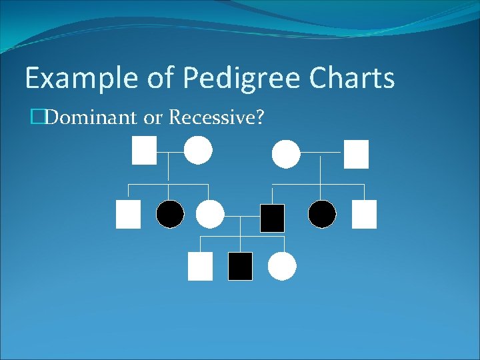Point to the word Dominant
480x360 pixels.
point(91,119)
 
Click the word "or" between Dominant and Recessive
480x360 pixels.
point(154,119)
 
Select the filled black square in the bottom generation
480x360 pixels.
point(240,266)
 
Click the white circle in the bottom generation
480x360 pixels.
point(281,266)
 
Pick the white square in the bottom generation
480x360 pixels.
point(200,266)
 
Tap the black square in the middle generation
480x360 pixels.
point(272,217)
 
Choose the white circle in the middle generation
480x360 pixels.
point(210,214)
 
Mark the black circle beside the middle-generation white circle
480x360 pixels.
point(170,214)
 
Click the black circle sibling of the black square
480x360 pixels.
point(322,214)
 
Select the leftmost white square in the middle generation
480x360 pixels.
point(128,214)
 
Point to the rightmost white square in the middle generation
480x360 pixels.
point(364,214)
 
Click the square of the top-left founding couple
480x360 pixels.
point(144,150)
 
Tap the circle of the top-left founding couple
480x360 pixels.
point(198,150)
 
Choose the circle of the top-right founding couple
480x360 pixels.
point(286,154)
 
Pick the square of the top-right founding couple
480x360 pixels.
point(356,154)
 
